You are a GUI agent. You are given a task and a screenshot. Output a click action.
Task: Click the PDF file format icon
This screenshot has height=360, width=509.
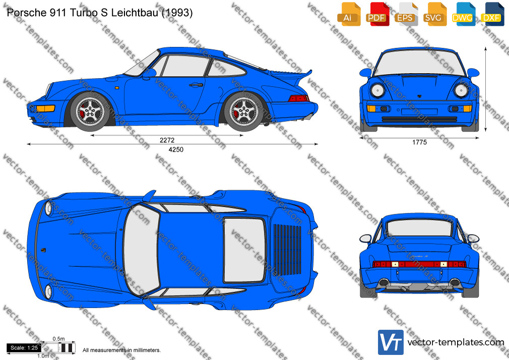(x=377, y=14)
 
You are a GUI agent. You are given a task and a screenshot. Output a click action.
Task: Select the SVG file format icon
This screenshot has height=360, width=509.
(x=434, y=14)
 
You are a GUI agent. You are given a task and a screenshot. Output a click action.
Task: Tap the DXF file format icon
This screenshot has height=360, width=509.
(x=493, y=14)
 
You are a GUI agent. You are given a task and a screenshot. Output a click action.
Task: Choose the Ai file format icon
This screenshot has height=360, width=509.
(x=349, y=14)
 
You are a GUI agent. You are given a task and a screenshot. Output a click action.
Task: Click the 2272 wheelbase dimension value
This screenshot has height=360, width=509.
(x=167, y=140)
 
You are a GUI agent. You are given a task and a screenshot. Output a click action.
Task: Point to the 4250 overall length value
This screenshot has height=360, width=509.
(x=175, y=149)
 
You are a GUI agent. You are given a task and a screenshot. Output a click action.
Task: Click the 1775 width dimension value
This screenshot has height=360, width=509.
(x=419, y=142)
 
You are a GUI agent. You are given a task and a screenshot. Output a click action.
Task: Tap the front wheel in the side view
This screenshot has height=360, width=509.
(x=90, y=111)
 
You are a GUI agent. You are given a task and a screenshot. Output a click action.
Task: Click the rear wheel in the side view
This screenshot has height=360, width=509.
(x=243, y=111)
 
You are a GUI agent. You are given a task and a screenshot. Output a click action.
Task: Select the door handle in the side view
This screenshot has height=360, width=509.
(x=196, y=85)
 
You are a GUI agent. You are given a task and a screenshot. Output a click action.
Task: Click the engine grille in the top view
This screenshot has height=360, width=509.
(x=287, y=250)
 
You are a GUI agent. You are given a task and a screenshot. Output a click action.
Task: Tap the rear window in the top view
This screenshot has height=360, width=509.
(x=244, y=250)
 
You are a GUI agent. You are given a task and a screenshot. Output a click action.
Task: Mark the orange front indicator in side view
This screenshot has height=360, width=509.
(x=46, y=108)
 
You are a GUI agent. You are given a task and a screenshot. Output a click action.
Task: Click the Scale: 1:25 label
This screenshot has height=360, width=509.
(x=24, y=348)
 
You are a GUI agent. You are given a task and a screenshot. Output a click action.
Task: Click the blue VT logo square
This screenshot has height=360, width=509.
(x=391, y=342)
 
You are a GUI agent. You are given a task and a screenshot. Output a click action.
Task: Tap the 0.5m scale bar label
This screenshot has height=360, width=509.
(x=59, y=339)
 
